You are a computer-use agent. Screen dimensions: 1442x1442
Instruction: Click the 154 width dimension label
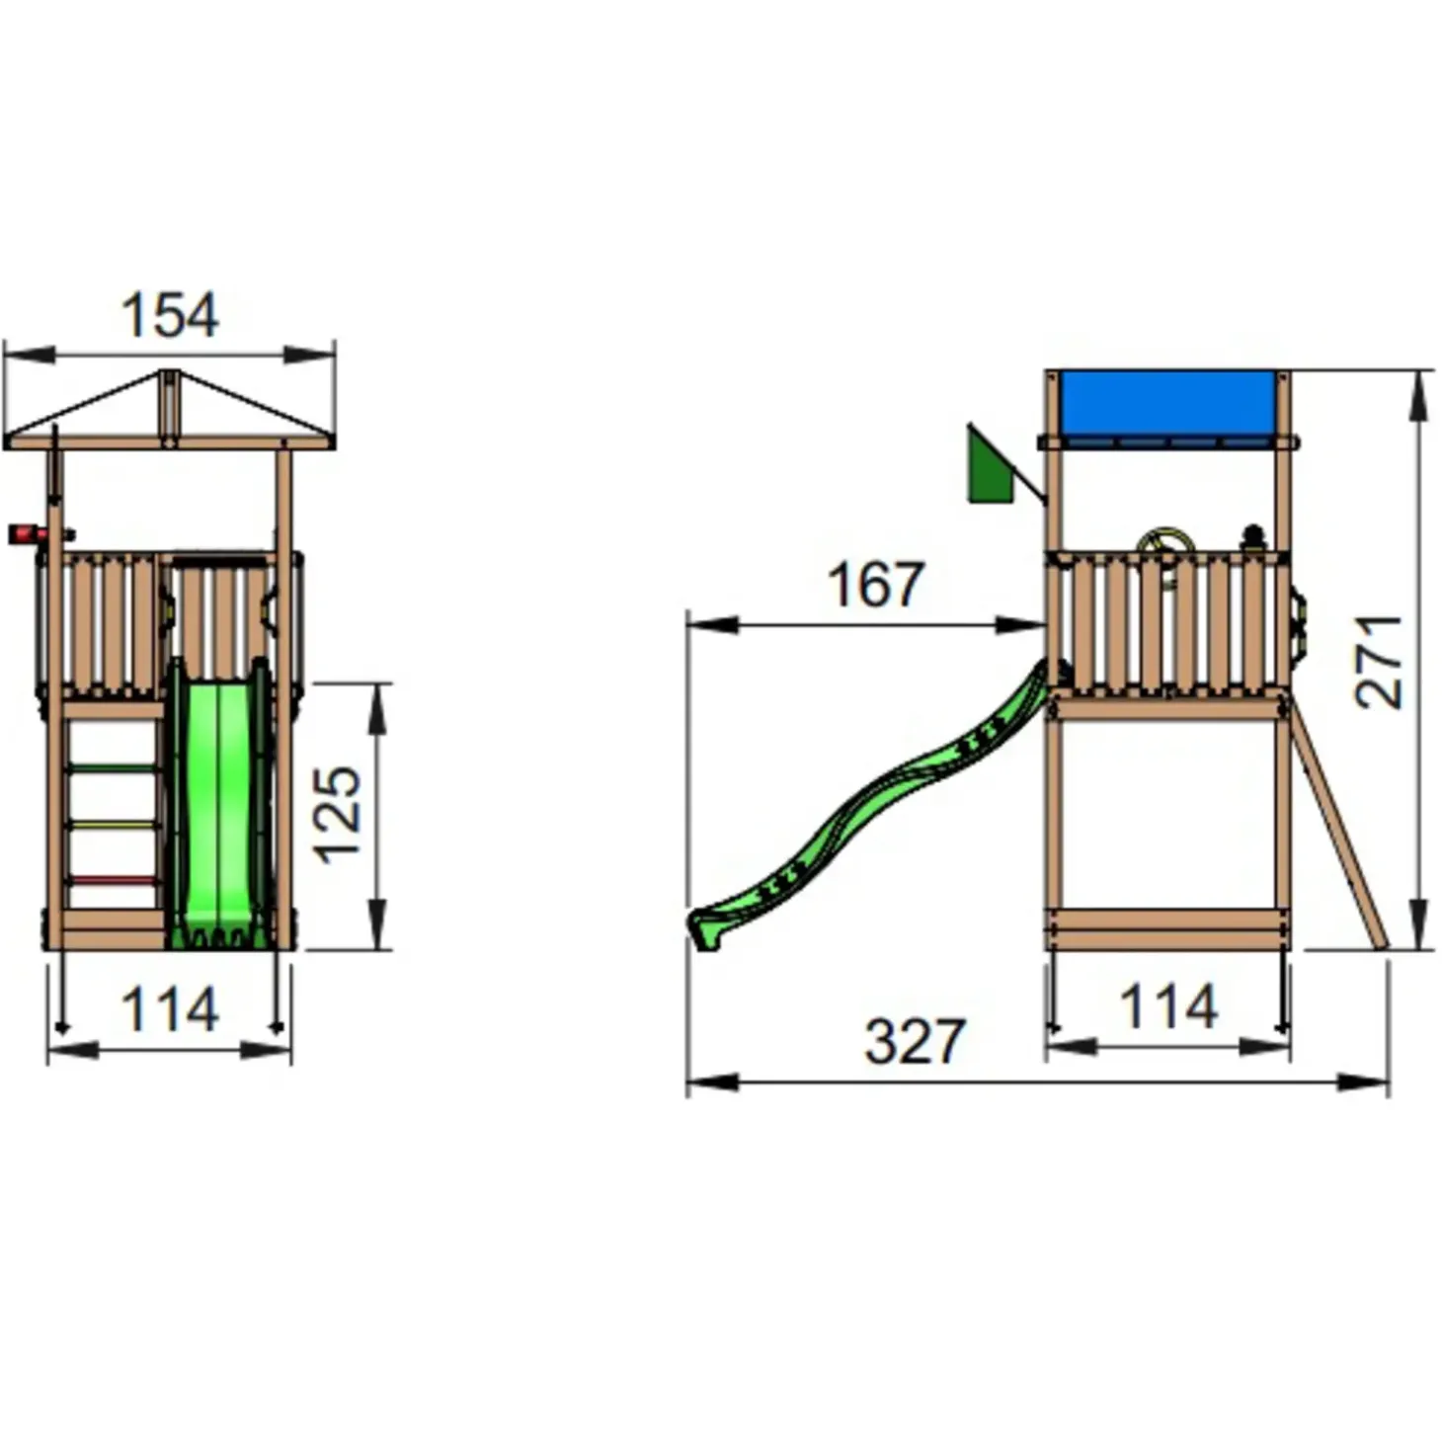(170, 315)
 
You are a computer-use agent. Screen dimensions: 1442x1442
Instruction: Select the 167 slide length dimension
(876, 585)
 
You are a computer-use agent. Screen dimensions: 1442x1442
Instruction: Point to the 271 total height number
(1379, 662)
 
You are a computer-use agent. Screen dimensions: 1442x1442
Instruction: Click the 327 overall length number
(915, 1041)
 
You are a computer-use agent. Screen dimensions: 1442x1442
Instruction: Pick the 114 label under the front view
(170, 1009)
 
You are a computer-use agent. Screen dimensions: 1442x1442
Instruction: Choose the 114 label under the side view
(1168, 1006)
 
